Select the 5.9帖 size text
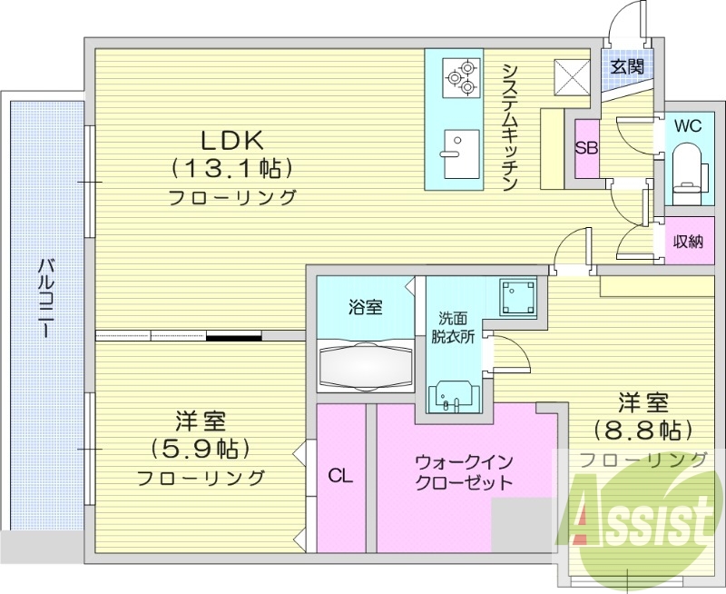(201, 449)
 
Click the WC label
(688, 125)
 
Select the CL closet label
(340, 476)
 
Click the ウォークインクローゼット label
(464, 471)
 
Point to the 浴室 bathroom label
(365, 307)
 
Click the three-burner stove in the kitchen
(460, 78)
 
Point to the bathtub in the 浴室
(366, 365)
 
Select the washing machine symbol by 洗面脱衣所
(518, 295)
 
